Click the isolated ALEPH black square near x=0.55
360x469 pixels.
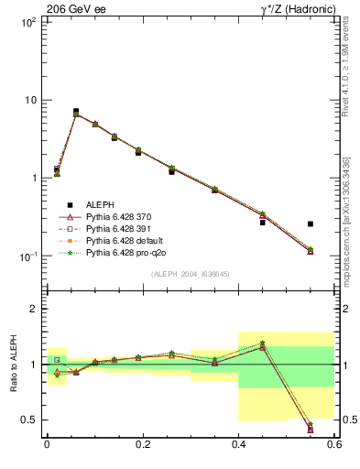(x=311, y=224)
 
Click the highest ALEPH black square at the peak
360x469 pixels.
(x=76, y=111)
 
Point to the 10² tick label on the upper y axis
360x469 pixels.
(x=28, y=23)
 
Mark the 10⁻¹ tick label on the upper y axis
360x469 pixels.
(x=27, y=256)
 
